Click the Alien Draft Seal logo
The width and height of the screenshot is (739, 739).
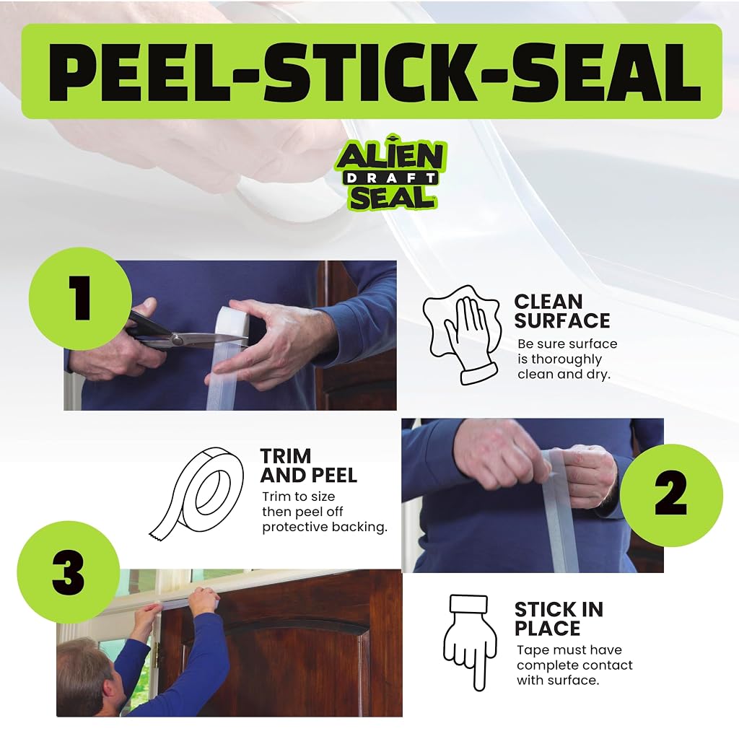(x=390, y=172)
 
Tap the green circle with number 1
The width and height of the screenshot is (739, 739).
(x=80, y=298)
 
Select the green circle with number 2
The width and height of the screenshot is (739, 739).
(x=671, y=495)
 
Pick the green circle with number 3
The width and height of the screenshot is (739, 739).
(x=69, y=572)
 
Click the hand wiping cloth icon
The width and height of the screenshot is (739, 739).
(x=462, y=335)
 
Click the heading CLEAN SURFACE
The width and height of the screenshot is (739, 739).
(x=561, y=311)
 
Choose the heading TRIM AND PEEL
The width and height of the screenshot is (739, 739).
(x=309, y=465)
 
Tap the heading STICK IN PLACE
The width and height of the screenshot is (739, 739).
(x=559, y=618)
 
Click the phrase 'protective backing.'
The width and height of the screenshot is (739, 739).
(x=325, y=527)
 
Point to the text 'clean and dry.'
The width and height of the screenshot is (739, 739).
(x=564, y=375)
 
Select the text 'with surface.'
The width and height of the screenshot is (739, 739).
(x=558, y=680)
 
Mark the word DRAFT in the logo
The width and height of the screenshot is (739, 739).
(x=391, y=178)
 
